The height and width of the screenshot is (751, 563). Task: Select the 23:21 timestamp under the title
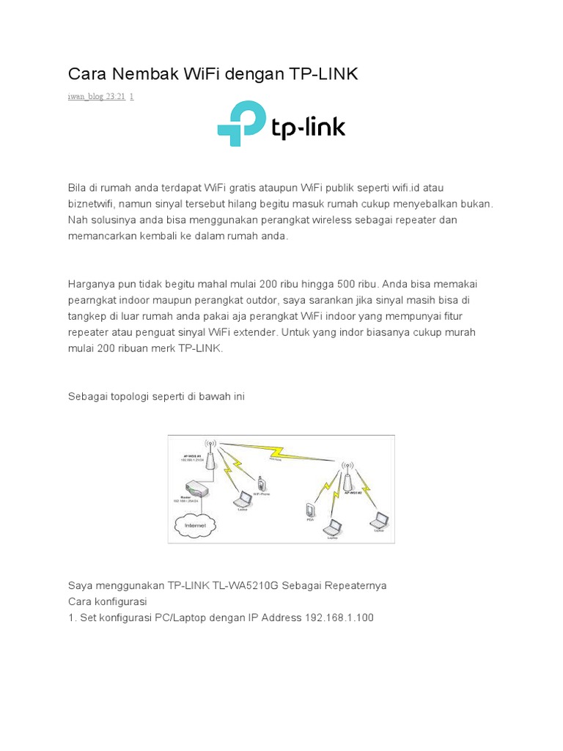(x=116, y=96)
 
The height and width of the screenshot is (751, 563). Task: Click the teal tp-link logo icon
(x=241, y=123)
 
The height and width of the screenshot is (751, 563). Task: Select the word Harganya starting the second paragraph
(x=93, y=283)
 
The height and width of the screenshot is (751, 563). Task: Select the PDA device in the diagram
(x=309, y=510)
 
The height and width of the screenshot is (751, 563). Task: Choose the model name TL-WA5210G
(x=241, y=585)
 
